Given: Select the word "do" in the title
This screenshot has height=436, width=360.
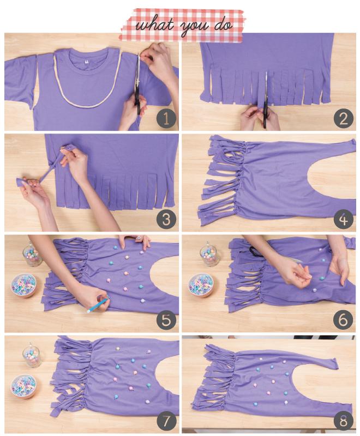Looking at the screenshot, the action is tap(223, 25).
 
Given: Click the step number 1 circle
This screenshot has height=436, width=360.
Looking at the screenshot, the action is tap(166, 119).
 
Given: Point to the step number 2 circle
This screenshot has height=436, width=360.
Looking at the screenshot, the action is tap(344, 118).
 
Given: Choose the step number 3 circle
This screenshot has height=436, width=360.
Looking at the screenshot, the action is tap(166, 220).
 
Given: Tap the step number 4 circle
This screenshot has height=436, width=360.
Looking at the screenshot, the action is tap(344, 220).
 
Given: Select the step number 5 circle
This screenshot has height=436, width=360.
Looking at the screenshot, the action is tap(166, 320).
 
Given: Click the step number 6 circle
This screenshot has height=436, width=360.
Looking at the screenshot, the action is tap(344, 320).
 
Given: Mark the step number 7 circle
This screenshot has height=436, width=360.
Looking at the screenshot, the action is tap(166, 421).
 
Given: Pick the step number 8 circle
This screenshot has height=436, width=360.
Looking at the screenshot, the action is tap(344, 421).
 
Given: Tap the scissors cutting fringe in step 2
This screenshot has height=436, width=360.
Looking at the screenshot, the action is tap(266, 100).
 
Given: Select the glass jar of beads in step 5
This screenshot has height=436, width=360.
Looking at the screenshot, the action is tap(32, 255).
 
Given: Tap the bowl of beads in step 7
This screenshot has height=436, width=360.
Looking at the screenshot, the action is tap(23, 386).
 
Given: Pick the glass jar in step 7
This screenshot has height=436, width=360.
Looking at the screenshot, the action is tap(32, 355).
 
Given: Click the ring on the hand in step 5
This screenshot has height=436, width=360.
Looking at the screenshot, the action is tap(139, 237).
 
